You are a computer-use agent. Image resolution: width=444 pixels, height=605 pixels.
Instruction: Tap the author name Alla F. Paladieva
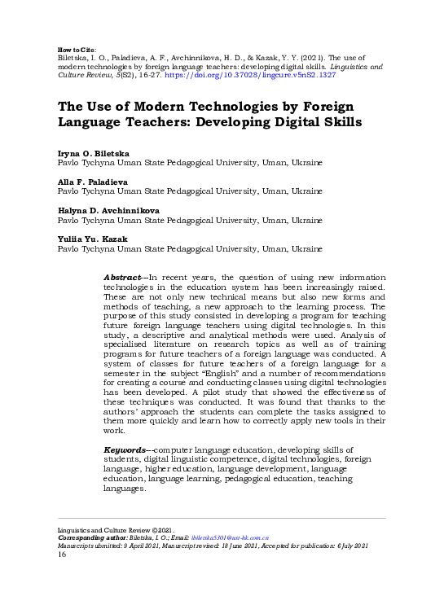[x=91, y=182]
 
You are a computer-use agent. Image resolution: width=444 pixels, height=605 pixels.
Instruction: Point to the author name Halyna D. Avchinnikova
[x=108, y=210]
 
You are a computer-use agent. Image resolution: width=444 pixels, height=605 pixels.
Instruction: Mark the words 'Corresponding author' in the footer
[x=90, y=539]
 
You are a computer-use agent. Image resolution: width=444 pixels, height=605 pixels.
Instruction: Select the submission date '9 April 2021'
[x=146, y=546]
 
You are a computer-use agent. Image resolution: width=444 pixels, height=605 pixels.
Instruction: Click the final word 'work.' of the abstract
[x=115, y=431]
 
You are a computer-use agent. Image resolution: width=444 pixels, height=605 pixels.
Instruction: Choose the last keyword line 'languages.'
[x=125, y=489]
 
